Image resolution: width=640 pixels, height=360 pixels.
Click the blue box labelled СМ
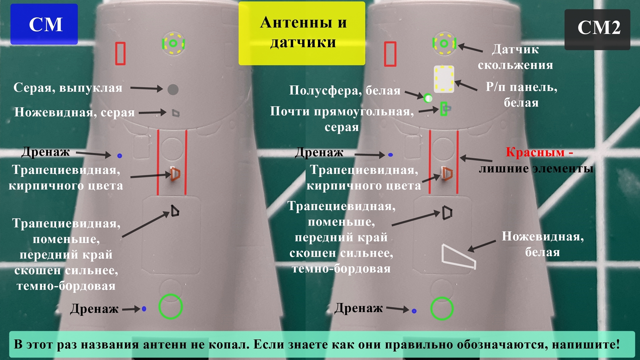44,24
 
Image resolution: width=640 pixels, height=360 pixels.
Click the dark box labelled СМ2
597,29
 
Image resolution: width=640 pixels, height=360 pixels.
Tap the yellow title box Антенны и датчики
302,33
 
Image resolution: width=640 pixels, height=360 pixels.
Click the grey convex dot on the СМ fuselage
173,90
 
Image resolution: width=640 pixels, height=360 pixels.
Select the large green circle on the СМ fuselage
171,307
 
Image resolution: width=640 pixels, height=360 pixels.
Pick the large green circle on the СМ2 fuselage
442,308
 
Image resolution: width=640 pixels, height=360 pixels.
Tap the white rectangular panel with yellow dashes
444,79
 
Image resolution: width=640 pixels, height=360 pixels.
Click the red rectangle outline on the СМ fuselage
120,53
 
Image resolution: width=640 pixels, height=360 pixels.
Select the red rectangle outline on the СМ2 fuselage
390,54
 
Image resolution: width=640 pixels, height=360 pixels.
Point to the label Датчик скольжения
515,57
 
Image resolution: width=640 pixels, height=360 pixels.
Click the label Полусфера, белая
345,91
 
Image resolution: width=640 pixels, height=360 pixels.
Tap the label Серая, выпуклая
68,88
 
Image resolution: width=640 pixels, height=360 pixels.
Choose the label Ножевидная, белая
543,244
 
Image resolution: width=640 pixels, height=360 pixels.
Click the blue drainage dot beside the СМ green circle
144,309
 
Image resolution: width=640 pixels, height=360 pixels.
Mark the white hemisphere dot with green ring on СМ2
428,98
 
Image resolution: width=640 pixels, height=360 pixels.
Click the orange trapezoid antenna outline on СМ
175,174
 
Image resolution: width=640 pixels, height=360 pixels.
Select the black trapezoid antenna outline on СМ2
447,213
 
